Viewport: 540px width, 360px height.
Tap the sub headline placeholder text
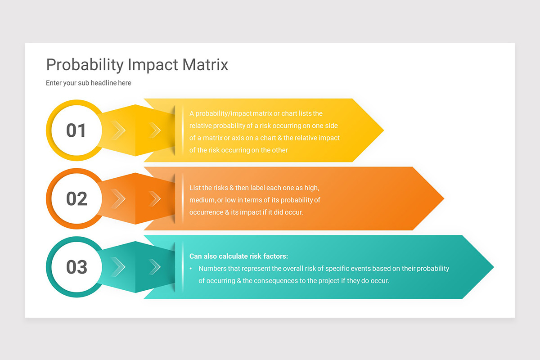click(89, 83)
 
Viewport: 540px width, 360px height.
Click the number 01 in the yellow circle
click(76, 130)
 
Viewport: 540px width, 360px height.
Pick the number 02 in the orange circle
click(76, 198)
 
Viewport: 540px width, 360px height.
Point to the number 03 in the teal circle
click(76, 267)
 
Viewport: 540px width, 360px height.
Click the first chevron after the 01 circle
click(119, 130)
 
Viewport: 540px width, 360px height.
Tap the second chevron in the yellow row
click(155, 130)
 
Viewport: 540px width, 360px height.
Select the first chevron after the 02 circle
click(119, 198)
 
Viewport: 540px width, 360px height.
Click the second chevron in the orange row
click(155, 198)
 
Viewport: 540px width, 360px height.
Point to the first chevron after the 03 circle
click(119, 267)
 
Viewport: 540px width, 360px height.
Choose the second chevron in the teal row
click(155, 267)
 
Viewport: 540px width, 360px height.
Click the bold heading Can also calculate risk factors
click(238, 256)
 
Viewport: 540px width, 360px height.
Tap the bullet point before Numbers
click(191, 269)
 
